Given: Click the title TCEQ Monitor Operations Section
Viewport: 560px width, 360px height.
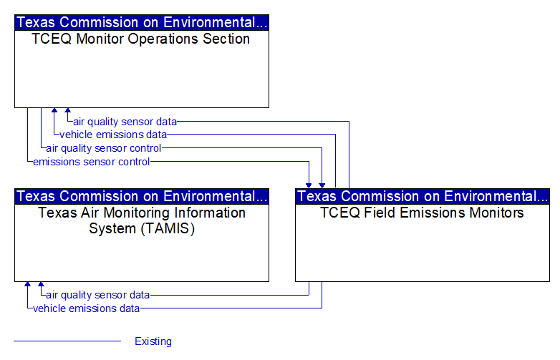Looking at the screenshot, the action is [140, 39].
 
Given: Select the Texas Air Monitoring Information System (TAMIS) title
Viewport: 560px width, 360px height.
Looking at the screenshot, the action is [142, 220].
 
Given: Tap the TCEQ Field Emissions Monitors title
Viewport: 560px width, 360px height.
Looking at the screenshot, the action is [422, 213].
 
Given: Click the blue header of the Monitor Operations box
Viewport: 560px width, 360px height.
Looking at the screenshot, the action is [142, 22].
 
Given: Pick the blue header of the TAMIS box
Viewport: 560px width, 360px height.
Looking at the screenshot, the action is [142, 196].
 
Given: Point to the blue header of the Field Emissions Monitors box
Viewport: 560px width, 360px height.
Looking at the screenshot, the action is [423, 196].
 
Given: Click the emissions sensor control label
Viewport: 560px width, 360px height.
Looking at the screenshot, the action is [92, 162].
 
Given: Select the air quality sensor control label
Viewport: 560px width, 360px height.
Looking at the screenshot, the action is [104, 148].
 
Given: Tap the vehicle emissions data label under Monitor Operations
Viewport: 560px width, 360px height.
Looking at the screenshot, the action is [113, 135].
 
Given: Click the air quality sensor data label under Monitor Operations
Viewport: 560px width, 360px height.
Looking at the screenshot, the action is [125, 122].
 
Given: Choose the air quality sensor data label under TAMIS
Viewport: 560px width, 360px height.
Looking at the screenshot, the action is [98, 295].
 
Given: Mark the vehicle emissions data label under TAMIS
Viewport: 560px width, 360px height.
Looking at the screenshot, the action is [86, 308].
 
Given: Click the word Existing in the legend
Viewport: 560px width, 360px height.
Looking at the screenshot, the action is [153, 341].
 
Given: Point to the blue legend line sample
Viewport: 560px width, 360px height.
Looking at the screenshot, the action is [67, 341].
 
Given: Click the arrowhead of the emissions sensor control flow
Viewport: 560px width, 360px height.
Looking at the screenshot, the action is [309, 185].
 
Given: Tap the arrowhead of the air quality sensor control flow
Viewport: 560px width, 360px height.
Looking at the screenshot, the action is [322, 185].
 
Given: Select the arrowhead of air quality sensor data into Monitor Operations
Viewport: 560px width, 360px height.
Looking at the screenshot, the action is [67, 110].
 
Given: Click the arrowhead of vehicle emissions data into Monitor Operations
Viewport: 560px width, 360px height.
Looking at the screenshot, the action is [54, 110].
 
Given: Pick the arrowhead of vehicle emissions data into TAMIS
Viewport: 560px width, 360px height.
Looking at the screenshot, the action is [27, 284].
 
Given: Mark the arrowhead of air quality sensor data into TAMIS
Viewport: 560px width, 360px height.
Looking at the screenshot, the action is [41, 284].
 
